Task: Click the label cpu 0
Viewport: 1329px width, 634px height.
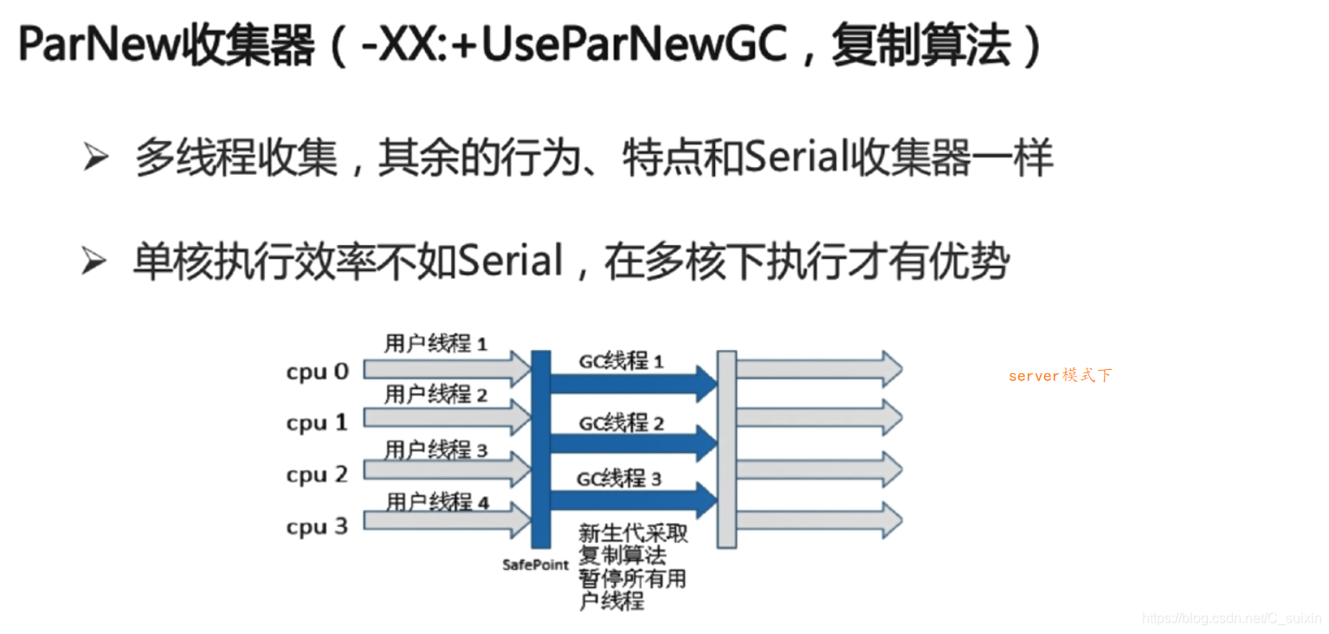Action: [317, 372]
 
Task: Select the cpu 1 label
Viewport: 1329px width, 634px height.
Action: [317, 423]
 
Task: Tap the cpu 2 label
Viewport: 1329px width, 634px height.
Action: [317, 475]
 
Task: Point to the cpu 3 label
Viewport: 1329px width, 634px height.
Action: [317, 527]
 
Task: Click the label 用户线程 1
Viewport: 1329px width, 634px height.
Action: [436, 344]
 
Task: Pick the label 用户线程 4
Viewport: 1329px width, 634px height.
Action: [437, 501]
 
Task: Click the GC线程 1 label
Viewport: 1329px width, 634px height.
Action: [621, 361]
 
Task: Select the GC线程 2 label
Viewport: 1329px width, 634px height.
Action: [622, 423]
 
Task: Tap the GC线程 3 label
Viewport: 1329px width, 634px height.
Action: [619, 477]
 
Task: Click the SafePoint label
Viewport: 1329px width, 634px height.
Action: [535, 565]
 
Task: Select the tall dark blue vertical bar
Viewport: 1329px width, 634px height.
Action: [541, 449]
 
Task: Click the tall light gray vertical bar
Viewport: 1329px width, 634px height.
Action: [726, 449]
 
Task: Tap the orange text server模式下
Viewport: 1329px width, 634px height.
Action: [1060, 376]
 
